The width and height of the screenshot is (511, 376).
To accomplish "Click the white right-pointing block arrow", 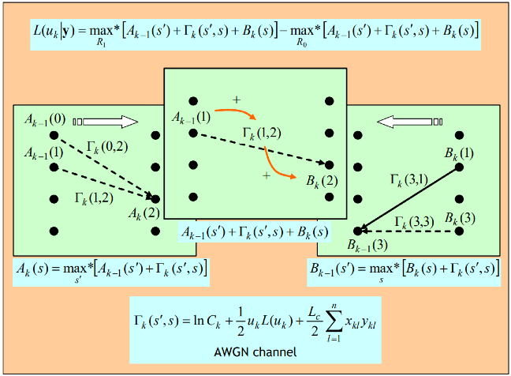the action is point(106,122).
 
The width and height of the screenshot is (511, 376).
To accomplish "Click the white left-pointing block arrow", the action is point(409,122).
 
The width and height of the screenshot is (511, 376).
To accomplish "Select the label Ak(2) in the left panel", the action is point(144,214).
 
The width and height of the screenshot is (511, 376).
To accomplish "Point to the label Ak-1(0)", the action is point(45,120).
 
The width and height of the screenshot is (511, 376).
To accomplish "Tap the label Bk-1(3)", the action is point(367,245).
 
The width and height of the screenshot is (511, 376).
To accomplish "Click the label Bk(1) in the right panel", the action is point(459,153).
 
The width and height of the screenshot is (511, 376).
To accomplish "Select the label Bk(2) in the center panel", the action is point(322,182).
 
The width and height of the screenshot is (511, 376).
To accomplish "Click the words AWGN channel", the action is point(255,352).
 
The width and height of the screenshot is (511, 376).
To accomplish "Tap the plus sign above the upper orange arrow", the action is point(237,100).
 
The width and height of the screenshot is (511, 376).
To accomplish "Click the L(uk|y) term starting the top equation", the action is point(54,32).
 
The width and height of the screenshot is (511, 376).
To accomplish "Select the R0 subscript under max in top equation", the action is point(301,43).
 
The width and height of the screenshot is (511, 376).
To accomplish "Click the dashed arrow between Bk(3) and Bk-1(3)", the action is point(408,231).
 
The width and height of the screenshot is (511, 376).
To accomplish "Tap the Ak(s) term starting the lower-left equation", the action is point(32,269).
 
